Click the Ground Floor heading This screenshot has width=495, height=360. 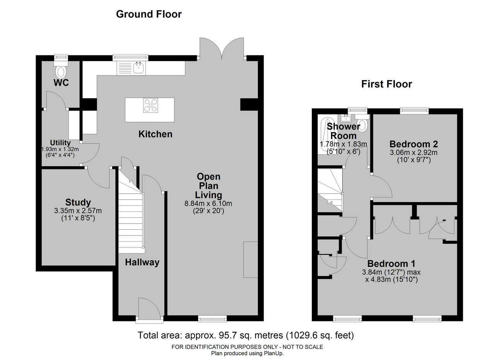[x=149, y=14]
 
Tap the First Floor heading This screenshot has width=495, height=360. [x=386, y=84]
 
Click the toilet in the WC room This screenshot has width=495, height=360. [x=61, y=69]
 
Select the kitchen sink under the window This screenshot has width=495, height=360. [x=139, y=67]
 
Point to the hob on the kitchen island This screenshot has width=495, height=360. [x=150, y=106]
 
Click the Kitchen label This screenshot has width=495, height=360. [x=155, y=134]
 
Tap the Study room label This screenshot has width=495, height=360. [x=78, y=203]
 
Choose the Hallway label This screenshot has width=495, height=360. [x=142, y=262]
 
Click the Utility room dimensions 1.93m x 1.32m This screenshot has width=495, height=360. [x=60, y=149]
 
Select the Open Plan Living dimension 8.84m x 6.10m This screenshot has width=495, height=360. [x=208, y=203]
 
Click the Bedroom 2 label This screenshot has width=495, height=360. [x=414, y=144]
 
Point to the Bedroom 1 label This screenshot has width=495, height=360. [x=391, y=264]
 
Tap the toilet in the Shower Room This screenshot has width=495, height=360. [x=362, y=123]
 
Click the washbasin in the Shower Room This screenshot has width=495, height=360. [x=346, y=118]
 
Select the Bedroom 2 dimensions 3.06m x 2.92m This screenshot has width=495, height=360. [x=414, y=152]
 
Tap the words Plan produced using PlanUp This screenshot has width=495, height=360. [x=247, y=353]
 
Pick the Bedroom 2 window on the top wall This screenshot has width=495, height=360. [x=414, y=111]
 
